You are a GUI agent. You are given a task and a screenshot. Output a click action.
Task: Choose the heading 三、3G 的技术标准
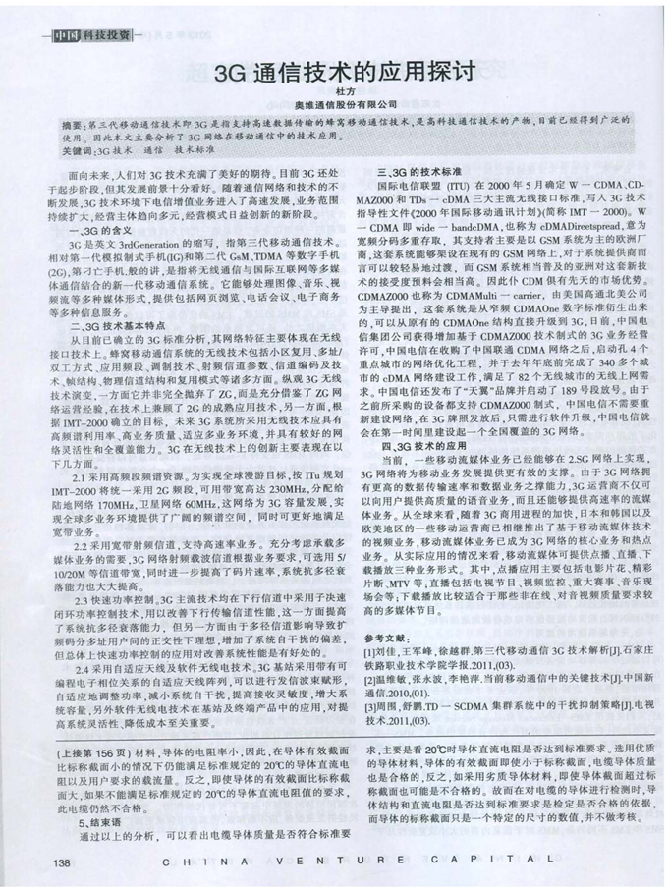[426, 171]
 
